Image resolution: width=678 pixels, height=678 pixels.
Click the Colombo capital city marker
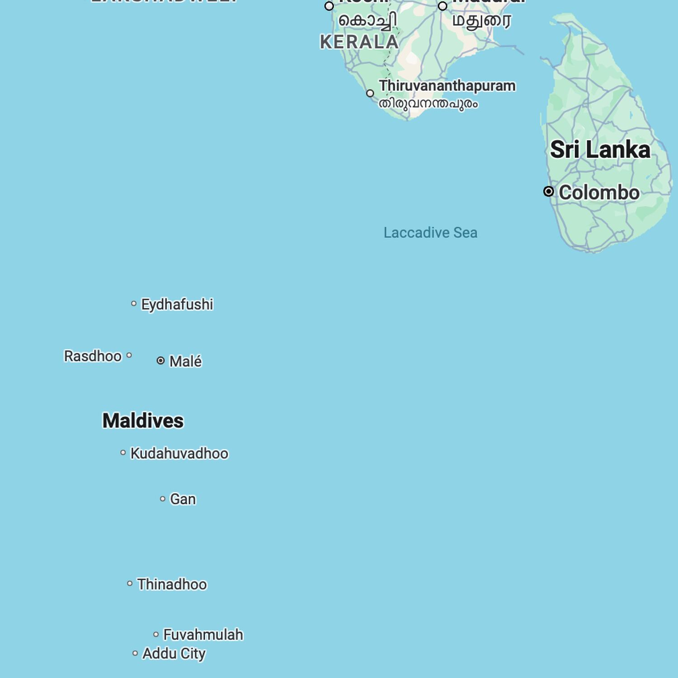coord(548,192)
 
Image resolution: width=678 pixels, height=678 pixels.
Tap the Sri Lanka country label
coord(600,150)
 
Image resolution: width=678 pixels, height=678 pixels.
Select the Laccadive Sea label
coord(430,233)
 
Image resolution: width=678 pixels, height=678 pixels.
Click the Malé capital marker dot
coord(160,361)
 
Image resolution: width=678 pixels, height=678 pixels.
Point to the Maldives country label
coord(143,421)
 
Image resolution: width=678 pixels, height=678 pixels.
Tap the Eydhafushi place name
coord(177,305)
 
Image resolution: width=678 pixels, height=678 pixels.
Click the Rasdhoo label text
coord(93,356)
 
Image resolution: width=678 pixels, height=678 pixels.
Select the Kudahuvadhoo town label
coord(179,453)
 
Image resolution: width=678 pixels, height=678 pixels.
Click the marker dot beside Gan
coord(163,499)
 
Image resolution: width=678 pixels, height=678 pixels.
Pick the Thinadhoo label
coord(172,584)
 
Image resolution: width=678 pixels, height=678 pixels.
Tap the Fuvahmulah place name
coord(203,635)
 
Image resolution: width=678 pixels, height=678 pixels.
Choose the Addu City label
coord(174,654)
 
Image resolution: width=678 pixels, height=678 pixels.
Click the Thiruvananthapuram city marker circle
coord(370,94)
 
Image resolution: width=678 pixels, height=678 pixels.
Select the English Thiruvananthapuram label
coord(447,85)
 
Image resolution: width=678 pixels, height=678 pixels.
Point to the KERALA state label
coord(359,42)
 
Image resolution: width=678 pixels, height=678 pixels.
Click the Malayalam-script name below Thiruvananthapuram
coord(428,104)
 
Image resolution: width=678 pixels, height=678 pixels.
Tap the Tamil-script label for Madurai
coord(482,21)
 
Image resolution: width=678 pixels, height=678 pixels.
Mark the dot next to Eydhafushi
coord(134,304)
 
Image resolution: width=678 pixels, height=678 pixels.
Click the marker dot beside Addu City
coord(135,653)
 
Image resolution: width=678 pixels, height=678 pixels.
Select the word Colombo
coord(599,193)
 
